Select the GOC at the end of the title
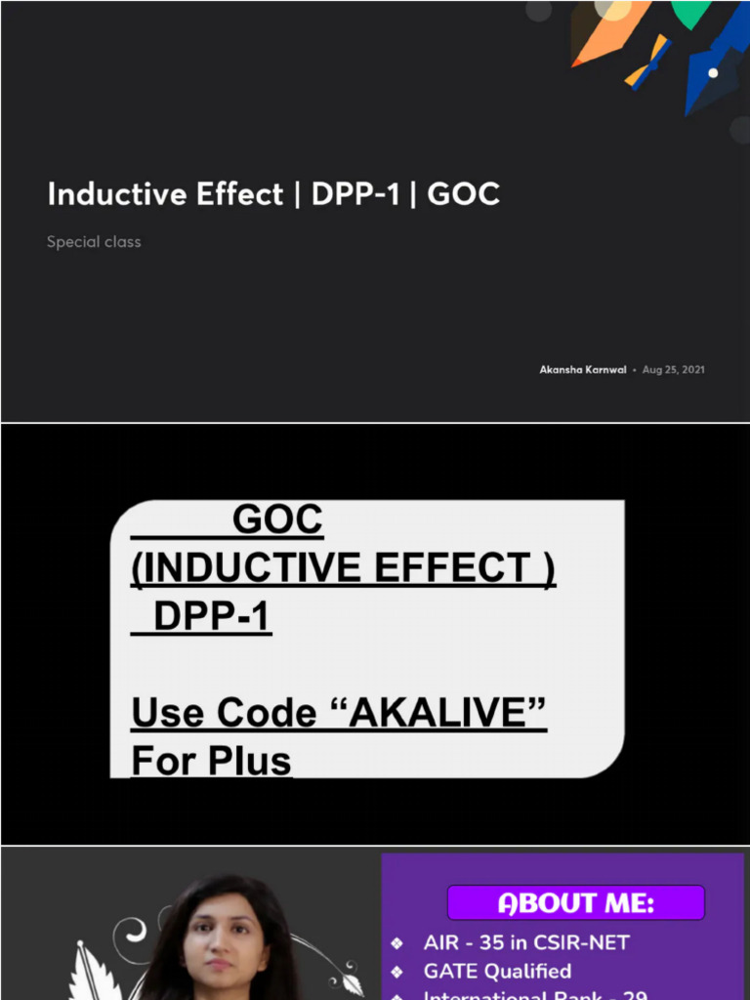tap(464, 194)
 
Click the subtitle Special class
tap(94, 242)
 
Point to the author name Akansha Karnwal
tap(583, 370)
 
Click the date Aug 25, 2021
tap(674, 370)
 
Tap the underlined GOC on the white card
tap(277, 521)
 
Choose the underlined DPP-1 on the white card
tap(211, 617)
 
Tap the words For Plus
tap(211, 761)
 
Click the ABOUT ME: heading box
tap(575, 903)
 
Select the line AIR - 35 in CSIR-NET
tap(526, 943)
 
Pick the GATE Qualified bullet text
tap(497, 971)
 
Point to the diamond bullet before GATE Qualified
tap(396, 972)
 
